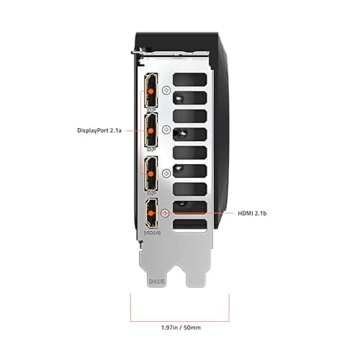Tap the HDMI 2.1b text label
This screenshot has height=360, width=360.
coord(256,213)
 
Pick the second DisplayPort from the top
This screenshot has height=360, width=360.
coord(153,130)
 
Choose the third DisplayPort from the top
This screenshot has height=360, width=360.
coord(153,173)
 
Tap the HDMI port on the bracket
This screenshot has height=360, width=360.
coord(153,214)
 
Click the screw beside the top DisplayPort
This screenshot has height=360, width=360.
coord(166,91)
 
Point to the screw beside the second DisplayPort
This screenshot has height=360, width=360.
coord(166,130)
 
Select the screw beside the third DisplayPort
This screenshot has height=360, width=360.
coord(166,173)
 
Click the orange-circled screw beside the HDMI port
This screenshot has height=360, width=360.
coord(166,212)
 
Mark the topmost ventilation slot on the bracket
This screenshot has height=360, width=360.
coord(190,78)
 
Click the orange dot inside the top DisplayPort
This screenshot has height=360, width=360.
coord(153,89)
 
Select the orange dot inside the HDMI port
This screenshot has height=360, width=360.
coord(153,213)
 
